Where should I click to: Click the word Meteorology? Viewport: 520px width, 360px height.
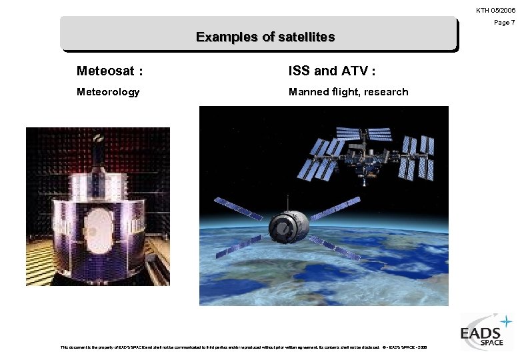pos(108,92)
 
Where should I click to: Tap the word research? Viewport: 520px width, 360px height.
pos(384,92)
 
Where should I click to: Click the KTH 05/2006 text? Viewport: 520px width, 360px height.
pos(495,10)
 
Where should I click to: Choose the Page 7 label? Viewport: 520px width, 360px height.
pos(504,23)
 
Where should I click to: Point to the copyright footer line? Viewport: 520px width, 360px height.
pos(244,347)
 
